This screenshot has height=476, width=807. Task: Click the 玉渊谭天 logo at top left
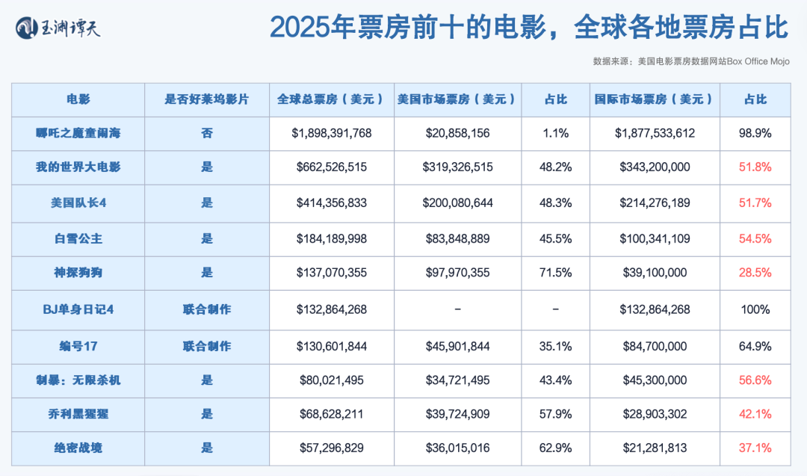pos(58,28)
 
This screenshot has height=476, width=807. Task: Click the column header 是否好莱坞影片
pos(206,99)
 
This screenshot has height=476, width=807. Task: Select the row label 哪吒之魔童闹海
pos(78,134)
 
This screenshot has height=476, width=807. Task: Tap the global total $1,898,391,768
pos(332,134)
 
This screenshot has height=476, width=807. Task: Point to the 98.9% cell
pos(755,134)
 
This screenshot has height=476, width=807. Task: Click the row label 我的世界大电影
pos(78,167)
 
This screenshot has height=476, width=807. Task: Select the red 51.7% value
pos(755,203)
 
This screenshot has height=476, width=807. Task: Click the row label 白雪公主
pos(78,238)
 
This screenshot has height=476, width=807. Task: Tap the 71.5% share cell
pos(555,273)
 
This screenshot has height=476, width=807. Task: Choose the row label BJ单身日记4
pos(78,309)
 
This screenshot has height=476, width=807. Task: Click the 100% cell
pos(755,309)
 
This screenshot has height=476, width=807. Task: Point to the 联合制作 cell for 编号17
pos(206,346)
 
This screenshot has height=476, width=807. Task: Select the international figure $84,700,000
pos(655,346)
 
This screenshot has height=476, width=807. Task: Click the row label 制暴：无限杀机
pos(78,380)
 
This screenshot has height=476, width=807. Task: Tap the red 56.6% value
pos(755,380)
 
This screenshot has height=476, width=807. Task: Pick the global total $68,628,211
pos(332,414)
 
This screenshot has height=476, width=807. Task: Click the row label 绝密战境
pos(78,448)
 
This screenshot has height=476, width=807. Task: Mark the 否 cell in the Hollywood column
pos(206,134)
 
